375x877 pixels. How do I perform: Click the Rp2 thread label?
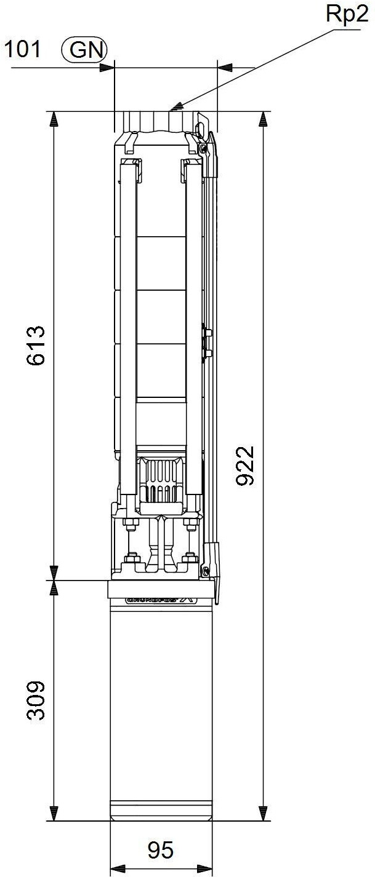point(347,15)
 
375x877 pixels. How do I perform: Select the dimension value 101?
point(22,49)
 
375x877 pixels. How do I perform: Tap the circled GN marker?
point(84,50)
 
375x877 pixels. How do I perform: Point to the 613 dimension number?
point(36,345)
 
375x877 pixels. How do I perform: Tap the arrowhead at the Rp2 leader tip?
point(175,106)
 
